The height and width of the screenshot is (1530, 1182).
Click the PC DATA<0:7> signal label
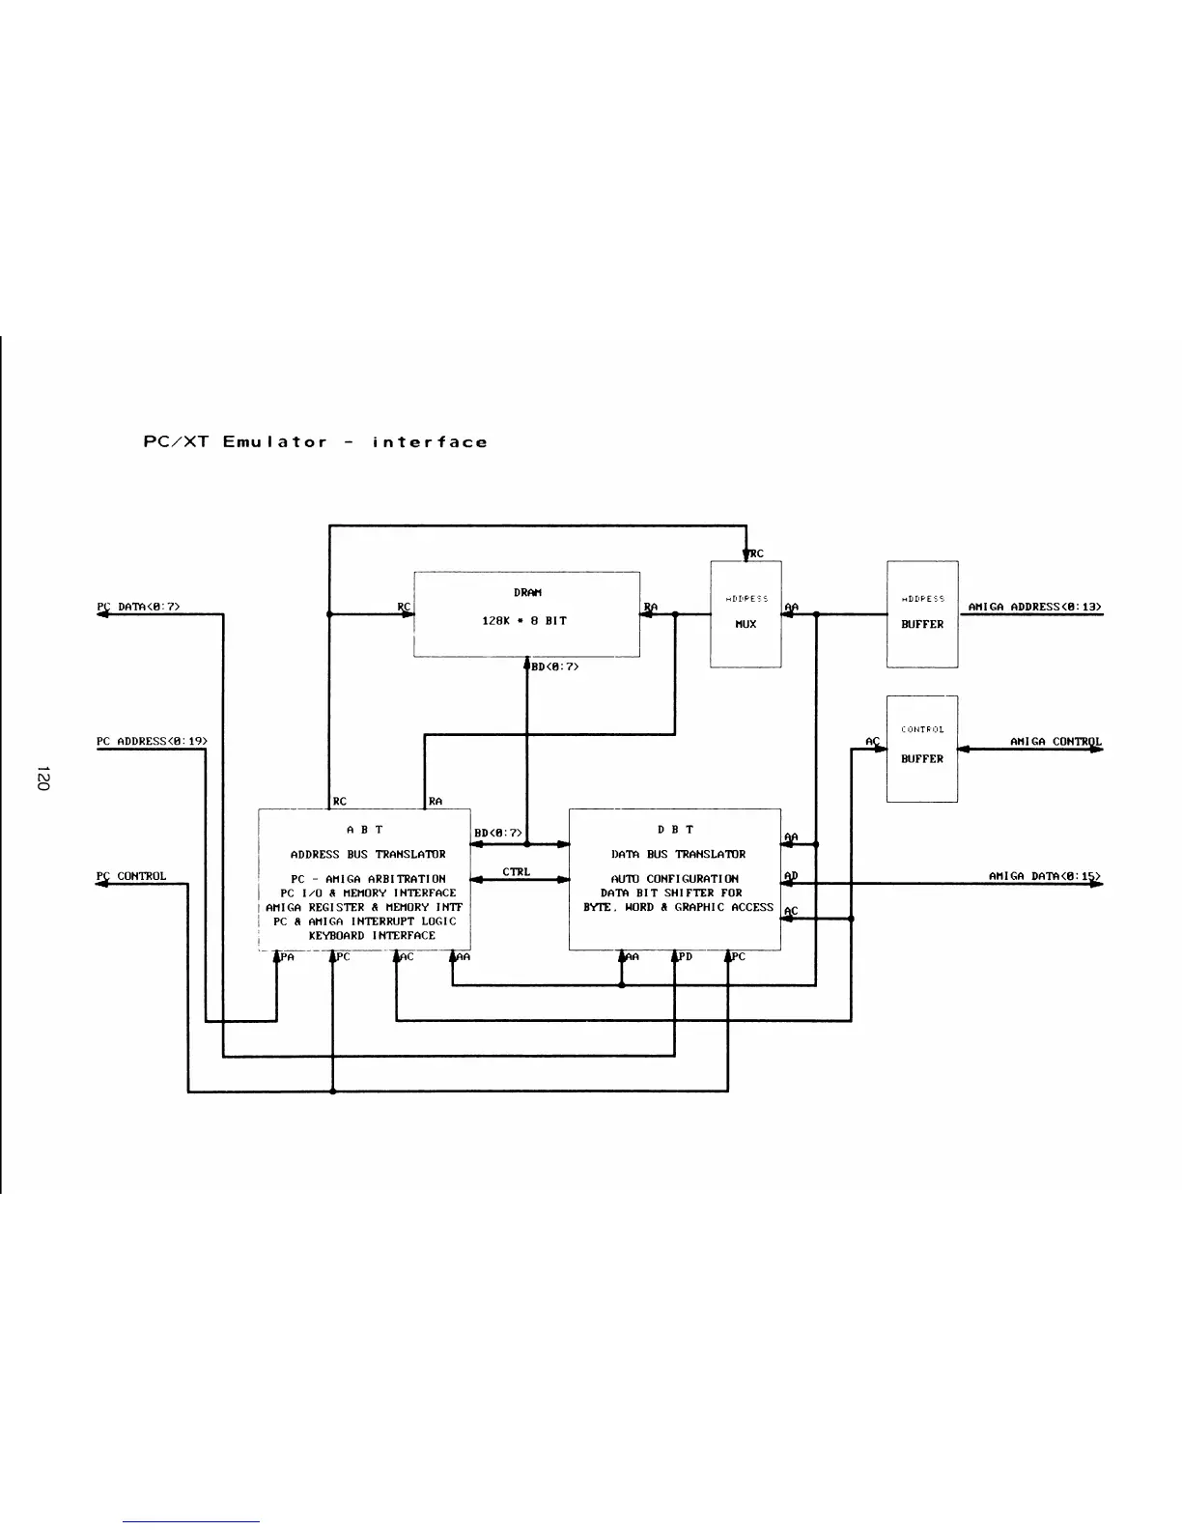coord(139,607)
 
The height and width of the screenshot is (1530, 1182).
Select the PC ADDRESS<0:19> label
coord(152,741)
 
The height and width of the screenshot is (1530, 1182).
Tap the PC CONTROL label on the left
coord(131,876)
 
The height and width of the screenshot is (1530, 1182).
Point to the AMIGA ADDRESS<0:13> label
coord(1034,607)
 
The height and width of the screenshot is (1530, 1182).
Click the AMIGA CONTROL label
coord(1055,742)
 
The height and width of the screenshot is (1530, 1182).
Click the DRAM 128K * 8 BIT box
coord(526,613)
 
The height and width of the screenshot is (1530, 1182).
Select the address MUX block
coord(746,613)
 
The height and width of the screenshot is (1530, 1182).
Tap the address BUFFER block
coord(921,613)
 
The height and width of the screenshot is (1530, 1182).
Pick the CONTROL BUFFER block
coord(921,748)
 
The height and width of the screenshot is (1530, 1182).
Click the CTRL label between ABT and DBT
coord(517,871)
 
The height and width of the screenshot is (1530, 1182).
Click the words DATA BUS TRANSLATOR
coord(678,854)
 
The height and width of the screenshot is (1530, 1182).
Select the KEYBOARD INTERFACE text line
coord(372,935)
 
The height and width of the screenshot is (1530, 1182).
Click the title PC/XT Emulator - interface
coord(315,442)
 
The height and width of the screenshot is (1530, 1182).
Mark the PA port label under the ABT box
coord(288,957)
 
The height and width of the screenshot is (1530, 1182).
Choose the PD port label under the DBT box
coord(685,957)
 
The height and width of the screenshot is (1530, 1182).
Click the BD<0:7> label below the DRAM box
coord(554,666)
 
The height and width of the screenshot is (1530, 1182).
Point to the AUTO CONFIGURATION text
coord(674,879)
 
